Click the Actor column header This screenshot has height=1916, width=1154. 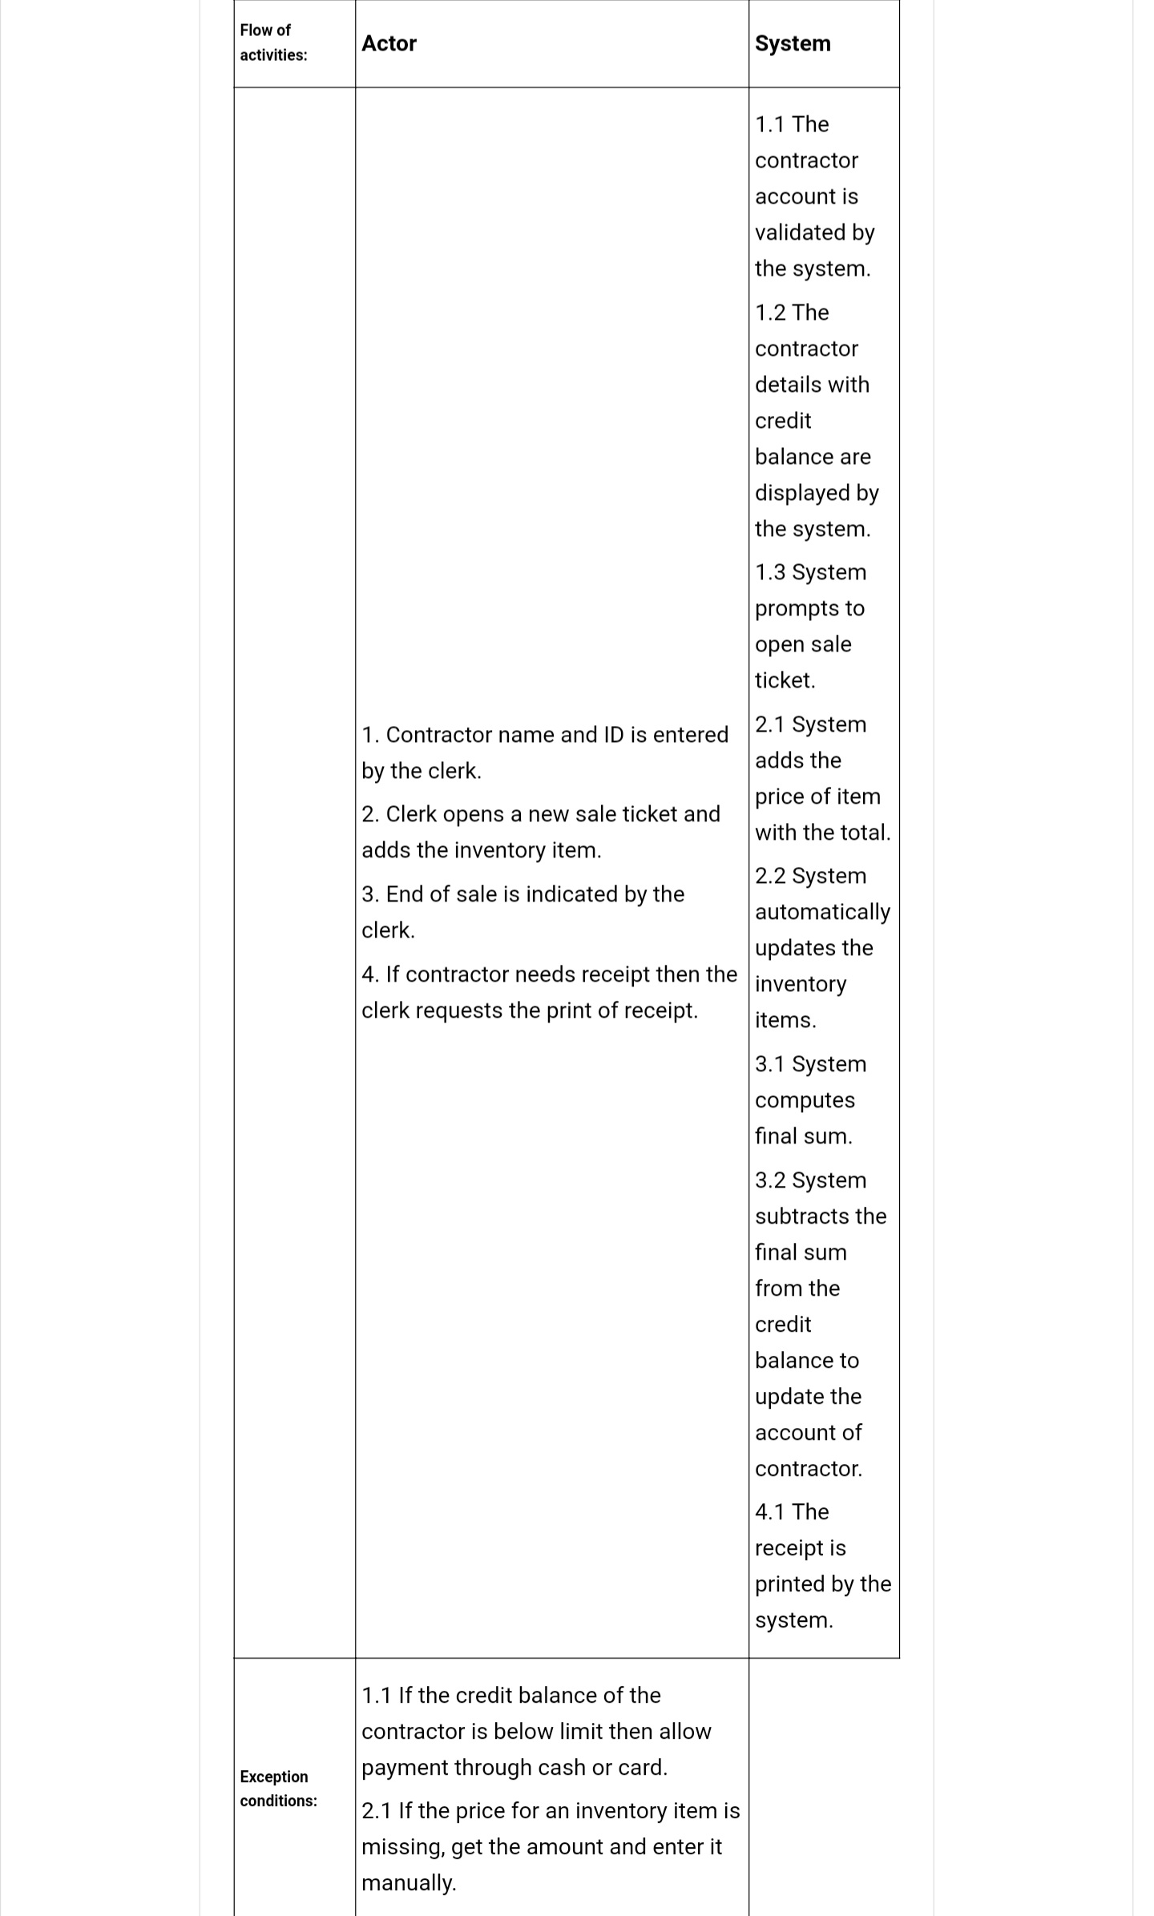coord(389,43)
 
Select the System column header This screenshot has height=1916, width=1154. coord(793,43)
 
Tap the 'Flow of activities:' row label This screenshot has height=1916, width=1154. coord(273,42)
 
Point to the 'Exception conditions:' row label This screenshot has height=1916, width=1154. coord(278,1789)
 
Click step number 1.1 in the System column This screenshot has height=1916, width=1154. coord(770,124)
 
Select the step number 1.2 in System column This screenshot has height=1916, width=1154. coord(770,313)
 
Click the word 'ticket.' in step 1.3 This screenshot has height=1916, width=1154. coord(785,680)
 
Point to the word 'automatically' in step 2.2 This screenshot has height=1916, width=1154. coord(822,912)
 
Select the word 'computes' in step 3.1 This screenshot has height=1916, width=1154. coord(805,1100)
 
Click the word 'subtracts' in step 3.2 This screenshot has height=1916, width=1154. coord(801,1216)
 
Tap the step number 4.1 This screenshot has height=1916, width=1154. coord(770,1512)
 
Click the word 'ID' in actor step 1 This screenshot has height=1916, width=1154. coord(613,735)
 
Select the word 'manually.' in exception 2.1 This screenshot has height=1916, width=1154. coord(409,1883)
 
